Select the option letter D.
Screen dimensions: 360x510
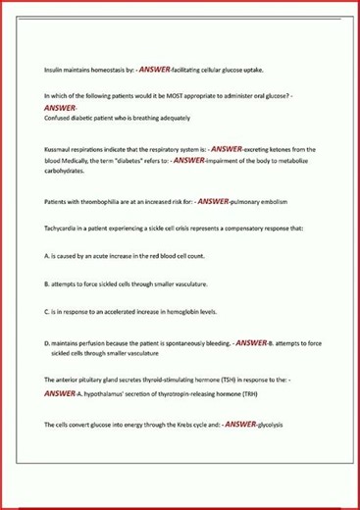(x=47, y=343)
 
